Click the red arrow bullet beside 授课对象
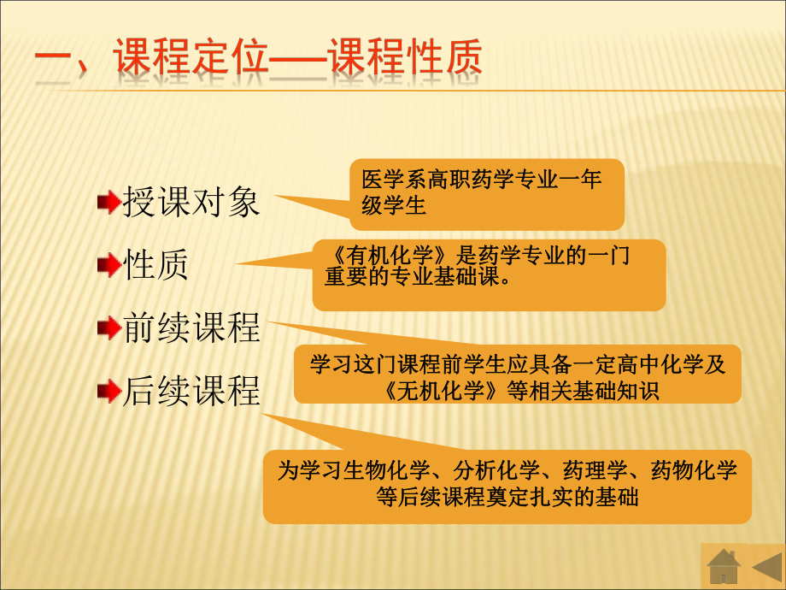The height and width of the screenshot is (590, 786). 109,203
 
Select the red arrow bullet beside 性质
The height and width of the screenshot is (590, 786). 109,266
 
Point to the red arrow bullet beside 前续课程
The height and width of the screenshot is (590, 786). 109,328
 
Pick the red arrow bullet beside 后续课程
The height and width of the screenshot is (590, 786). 109,392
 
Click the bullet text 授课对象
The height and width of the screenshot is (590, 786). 191,203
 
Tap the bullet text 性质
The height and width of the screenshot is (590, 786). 156,266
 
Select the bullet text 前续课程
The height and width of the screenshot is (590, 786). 191,328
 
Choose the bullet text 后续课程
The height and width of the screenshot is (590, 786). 191,392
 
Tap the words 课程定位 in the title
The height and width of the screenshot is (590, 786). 185,59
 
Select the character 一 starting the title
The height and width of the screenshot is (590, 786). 56,62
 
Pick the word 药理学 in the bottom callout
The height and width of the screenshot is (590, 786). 590,469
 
